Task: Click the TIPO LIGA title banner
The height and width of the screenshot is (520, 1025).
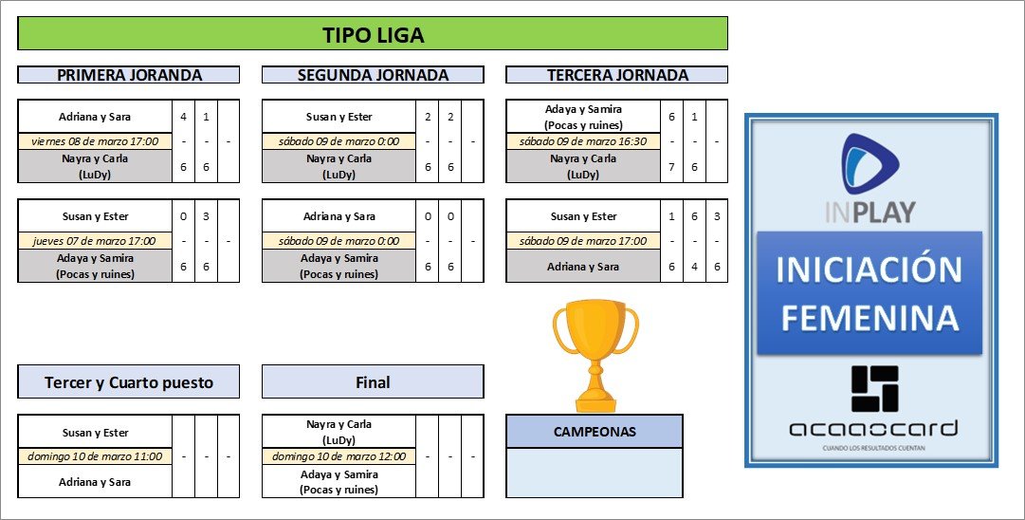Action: pyautogui.click(x=372, y=35)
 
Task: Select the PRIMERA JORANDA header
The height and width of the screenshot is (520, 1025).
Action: pyautogui.click(x=129, y=75)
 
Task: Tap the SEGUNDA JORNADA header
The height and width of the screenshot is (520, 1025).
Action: pyautogui.click(x=373, y=75)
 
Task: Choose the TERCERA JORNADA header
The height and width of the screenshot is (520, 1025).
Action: pyautogui.click(x=617, y=75)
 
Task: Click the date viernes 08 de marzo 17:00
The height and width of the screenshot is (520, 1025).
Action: pyautogui.click(x=95, y=141)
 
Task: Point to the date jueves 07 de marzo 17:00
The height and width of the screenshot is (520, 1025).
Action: pyautogui.click(x=95, y=241)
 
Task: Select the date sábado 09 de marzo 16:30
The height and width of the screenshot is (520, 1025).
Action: pyautogui.click(x=583, y=141)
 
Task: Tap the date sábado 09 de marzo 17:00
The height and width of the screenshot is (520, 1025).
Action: pyautogui.click(x=583, y=241)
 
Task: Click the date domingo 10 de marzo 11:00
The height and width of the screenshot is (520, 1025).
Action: pyautogui.click(x=95, y=456)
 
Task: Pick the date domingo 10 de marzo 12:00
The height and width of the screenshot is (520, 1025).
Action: pyautogui.click(x=339, y=456)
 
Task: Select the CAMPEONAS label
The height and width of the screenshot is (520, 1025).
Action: pyautogui.click(x=595, y=432)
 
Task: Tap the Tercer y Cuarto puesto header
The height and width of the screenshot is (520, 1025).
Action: pyautogui.click(x=129, y=382)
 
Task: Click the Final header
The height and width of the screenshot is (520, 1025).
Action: pyautogui.click(x=373, y=382)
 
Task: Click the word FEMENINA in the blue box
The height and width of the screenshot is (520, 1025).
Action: pyautogui.click(x=869, y=318)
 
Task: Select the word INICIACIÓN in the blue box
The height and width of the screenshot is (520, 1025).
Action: pyautogui.click(x=869, y=269)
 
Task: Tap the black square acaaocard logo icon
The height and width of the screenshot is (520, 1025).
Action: pyautogui.click(x=873, y=389)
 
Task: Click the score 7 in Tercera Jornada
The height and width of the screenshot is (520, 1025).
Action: pyautogui.click(x=671, y=167)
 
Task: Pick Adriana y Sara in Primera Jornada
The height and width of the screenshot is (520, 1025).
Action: pyautogui.click(x=95, y=117)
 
